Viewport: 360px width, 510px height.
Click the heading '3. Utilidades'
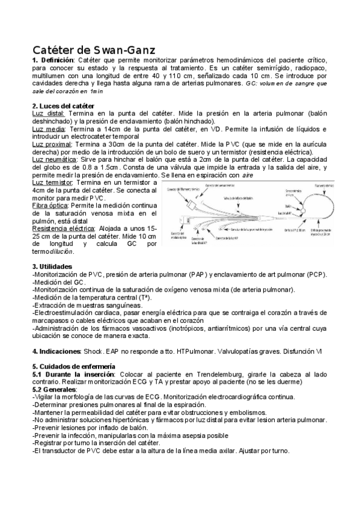(x=52, y=266)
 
